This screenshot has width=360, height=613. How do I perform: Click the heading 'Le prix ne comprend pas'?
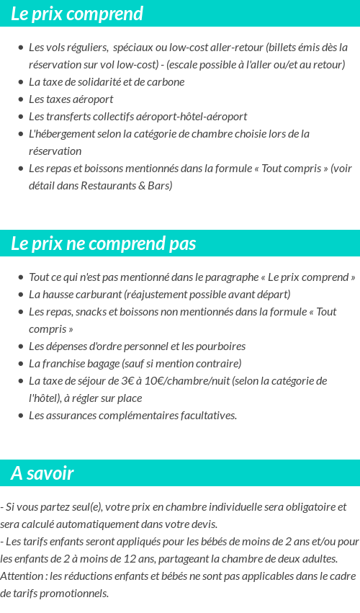[x=103, y=243]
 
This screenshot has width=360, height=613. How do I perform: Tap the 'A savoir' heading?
[x=42, y=473]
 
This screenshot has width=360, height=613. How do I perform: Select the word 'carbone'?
[x=166, y=82]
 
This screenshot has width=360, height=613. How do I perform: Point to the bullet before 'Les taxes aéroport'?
[x=21, y=99]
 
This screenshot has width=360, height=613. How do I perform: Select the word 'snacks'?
[x=91, y=312]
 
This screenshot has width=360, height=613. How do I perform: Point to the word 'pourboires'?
[x=220, y=346]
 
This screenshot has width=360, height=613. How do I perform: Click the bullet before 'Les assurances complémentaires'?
[x=21, y=416]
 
